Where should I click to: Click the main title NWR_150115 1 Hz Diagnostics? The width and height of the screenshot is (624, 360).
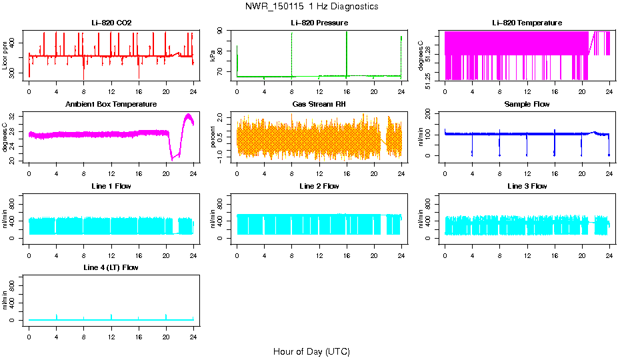[x=311, y=7]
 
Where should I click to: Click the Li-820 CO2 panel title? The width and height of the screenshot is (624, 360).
[x=111, y=23]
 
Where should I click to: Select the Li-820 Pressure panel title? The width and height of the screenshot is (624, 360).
[x=319, y=23]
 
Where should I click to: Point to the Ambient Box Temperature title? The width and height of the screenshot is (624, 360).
[x=111, y=104]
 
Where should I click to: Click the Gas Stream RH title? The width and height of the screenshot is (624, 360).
[x=319, y=104]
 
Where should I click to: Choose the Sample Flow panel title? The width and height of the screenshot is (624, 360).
[x=527, y=104]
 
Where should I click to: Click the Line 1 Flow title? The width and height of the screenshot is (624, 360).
[x=111, y=186]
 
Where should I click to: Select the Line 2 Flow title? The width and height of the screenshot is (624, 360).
[x=319, y=186]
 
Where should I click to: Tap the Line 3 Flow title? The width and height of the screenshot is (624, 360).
[x=527, y=186]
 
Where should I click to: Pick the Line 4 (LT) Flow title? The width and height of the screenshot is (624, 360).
[x=111, y=267]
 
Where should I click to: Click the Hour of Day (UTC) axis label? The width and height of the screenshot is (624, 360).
[x=311, y=351]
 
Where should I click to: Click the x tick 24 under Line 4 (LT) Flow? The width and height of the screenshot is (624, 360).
[x=193, y=330]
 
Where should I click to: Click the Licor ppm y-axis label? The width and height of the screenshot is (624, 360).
[x=5, y=56]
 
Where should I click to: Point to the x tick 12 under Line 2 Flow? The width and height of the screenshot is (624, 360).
[x=319, y=249]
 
